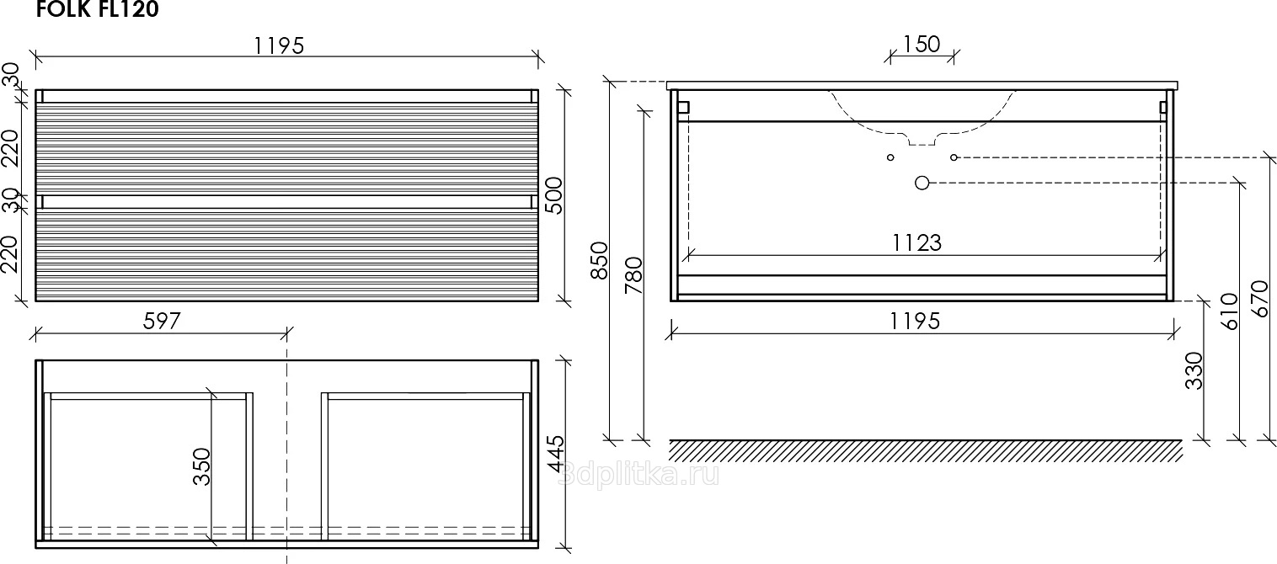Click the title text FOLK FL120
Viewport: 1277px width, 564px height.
pyautogui.click(x=98, y=10)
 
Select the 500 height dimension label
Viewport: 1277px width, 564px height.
pyautogui.click(x=553, y=195)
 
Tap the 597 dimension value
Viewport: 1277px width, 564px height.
pyautogui.click(x=163, y=321)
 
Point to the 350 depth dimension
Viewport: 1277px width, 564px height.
pyautogui.click(x=201, y=466)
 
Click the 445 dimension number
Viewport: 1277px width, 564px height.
pyautogui.click(x=554, y=455)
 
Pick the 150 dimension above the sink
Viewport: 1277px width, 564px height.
pyautogui.click(x=921, y=44)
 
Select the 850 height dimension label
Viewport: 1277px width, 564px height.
pyautogui.click(x=599, y=260)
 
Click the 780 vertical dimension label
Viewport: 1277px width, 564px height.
pyautogui.click(x=633, y=274)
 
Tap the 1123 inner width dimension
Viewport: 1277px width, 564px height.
pyautogui.click(x=917, y=242)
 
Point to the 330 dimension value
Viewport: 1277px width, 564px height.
pyautogui.click(x=1194, y=370)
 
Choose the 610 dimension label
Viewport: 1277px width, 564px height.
pyautogui.click(x=1228, y=311)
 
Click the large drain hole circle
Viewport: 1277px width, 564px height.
pyautogui.click(x=922, y=183)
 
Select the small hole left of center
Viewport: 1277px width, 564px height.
pyautogui.click(x=890, y=157)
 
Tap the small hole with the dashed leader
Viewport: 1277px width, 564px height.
pyautogui.click(x=954, y=157)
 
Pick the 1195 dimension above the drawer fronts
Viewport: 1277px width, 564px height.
pyautogui.click(x=279, y=45)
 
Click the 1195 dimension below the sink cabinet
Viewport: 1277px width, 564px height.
pyautogui.click(x=915, y=320)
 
